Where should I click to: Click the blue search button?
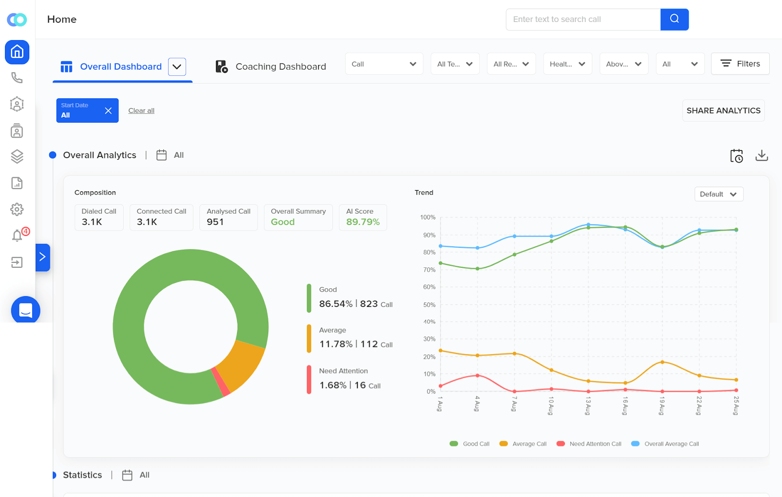click(674, 19)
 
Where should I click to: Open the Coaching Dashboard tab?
click(271, 66)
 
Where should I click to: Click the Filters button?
click(740, 64)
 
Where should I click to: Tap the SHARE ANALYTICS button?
click(723, 110)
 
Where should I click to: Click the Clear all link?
click(141, 110)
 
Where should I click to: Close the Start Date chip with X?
click(108, 110)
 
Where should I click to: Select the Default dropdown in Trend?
click(718, 194)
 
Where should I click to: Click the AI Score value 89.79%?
click(363, 222)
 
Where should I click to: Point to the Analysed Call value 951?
click(215, 222)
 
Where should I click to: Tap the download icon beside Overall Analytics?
click(761, 155)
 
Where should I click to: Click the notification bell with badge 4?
click(18, 236)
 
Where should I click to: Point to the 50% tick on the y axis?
click(429, 304)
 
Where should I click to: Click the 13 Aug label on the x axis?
click(588, 406)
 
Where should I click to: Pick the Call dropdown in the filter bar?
click(384, 64)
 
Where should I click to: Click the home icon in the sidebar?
click(17, 52)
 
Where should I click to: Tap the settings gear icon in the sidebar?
click(17, 209)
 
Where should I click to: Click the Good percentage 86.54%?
click(336, 304)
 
